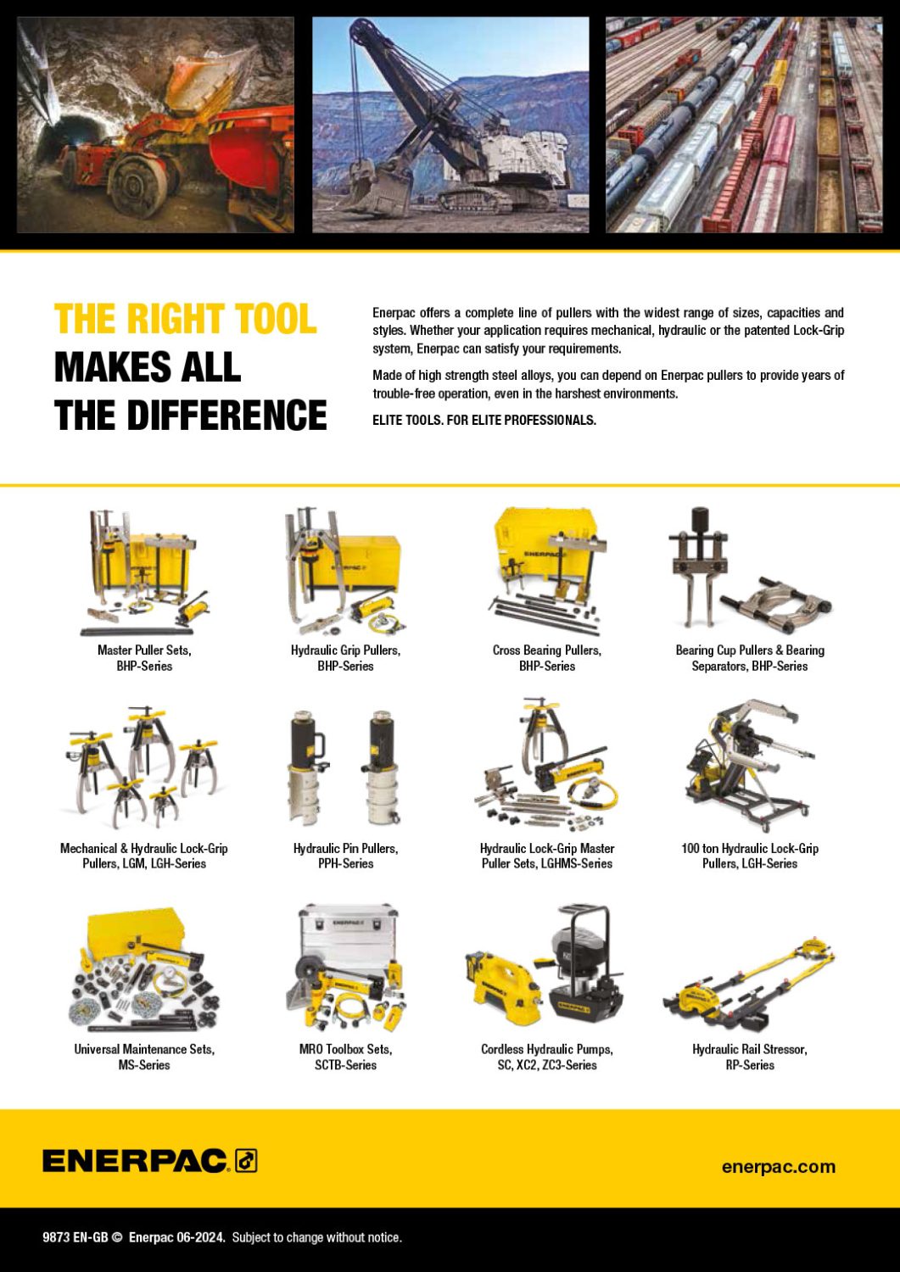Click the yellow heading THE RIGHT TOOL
(185, 320)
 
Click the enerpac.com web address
(778, 1167)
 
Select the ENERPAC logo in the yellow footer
(149, 1161)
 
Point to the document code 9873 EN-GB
(75, 1237)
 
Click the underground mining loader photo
(155, 125)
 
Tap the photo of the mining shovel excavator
(450, 125)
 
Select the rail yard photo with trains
(743, 125)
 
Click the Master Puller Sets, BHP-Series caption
(144, 658)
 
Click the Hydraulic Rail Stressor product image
(749, 985)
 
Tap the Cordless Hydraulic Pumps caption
(546, 1057)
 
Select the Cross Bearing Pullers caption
(546, 658)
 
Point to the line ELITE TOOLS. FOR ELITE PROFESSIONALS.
(484, 420)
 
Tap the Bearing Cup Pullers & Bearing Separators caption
(749, 658)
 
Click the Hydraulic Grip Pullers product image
(345, 572)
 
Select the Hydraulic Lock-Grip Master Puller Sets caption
(546, 856)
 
